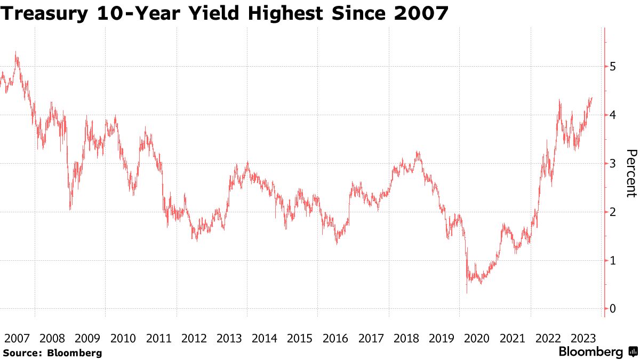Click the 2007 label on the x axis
click(17, 338)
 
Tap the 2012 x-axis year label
click(194, 338)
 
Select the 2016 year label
click(335, 338)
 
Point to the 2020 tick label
click(477, 338)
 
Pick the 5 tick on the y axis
click(613, 67)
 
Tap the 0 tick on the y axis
click(613, 309)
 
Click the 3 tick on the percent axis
click(613, 163)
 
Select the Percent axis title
click(630, 173)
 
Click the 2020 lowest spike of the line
click(467, 292)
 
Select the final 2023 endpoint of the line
click(592, 98)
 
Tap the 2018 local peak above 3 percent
click(418, 153)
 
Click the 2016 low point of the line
click(337, 243)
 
